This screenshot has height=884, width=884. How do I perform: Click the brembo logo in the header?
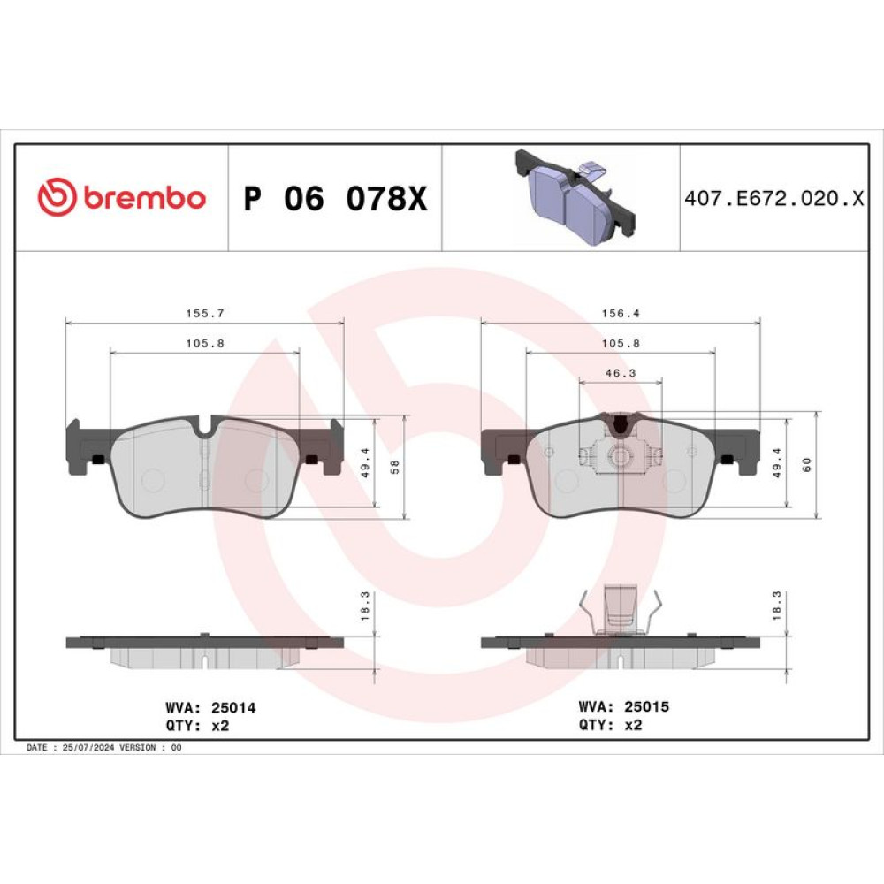(121, 197)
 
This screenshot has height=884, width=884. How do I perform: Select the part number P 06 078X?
(335, 198)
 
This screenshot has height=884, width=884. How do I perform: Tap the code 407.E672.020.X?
(773, 198)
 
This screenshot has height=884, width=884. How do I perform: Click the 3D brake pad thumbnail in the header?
(575, 197)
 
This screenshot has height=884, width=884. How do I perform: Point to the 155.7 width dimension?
(205, 314)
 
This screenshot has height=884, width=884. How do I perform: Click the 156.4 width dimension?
(621, 314)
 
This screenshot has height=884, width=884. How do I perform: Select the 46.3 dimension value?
(621, 373)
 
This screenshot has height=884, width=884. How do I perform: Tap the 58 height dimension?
(394, 467)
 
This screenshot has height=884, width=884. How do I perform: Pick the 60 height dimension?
(807, 465)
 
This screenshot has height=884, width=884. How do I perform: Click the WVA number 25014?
(233, 707)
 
